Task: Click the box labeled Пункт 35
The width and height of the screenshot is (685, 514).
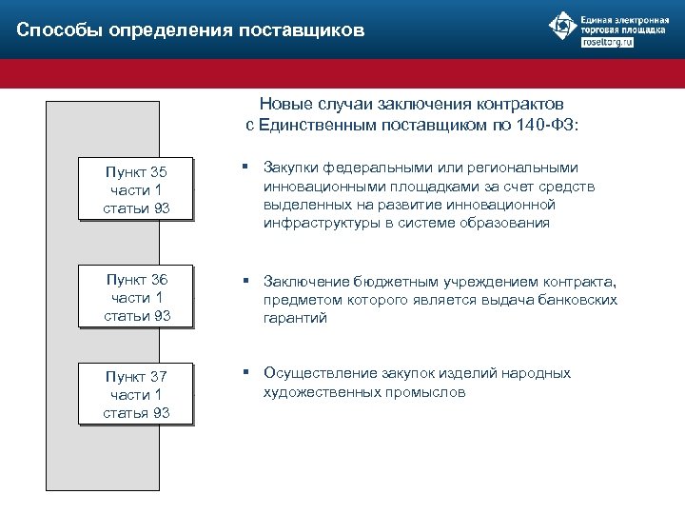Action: click(x=136, y=189)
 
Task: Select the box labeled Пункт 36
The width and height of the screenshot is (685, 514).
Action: click(x=136, y=297)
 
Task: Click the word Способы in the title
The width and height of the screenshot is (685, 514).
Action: click(x=60, y=30)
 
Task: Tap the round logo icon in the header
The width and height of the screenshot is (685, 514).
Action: click(x=561, y=29)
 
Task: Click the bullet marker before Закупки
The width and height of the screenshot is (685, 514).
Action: click(x=245, y=168)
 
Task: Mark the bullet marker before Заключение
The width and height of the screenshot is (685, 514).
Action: click(x=245, y=281)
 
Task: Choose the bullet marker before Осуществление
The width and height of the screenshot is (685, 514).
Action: click(x=245, y=372)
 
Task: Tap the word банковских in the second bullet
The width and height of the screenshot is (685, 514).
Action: click(x=573, y=300)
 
